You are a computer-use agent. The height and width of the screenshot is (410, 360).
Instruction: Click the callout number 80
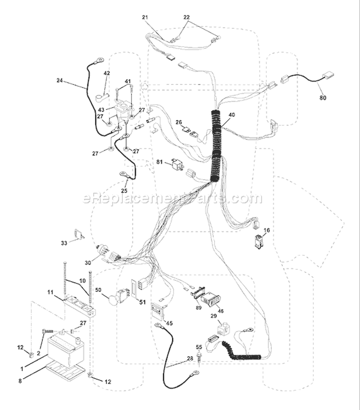coord(323,98)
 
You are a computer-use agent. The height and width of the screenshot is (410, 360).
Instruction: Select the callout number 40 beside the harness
coord(232,115)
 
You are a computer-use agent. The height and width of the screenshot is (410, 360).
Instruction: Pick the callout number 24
coord(60,81)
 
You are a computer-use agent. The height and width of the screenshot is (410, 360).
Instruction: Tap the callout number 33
coord(64,243)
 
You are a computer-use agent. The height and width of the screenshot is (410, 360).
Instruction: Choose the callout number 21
coord(145,17)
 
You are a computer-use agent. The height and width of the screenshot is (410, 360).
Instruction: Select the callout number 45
coord(169,324)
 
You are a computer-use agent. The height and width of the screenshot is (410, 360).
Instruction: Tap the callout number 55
coord(199,347)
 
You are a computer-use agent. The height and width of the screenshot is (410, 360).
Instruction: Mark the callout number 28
coord(190,359)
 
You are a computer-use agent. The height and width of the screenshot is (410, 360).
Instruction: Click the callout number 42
coord(107,73)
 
